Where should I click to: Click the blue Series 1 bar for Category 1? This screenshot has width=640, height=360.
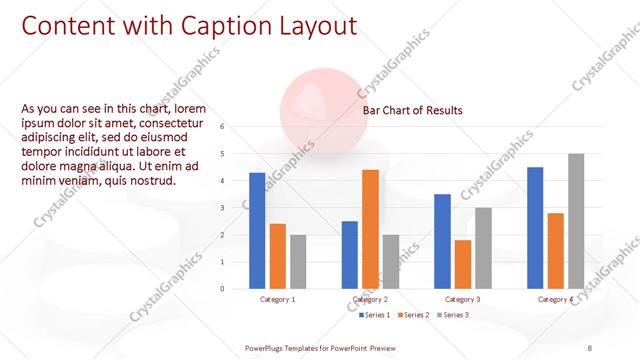coord(257,231)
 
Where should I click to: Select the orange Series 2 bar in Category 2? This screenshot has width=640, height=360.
coord(370,229)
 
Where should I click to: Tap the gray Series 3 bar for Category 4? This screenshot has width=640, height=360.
coord(576,221)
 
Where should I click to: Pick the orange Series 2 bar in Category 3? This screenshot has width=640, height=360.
coord(462,264)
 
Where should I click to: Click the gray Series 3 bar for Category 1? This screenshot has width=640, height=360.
coord(298,262)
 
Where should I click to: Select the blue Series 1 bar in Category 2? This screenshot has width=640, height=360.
coord(349,255)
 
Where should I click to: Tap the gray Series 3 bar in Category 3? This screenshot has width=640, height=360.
coord(483,248)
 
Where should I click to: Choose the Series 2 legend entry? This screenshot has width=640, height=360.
coord(415,315)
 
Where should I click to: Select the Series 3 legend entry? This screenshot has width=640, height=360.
coord(454,315)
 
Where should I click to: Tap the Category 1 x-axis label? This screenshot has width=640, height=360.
coord(277,299)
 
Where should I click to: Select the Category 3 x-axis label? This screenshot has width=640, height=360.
coord(462,299)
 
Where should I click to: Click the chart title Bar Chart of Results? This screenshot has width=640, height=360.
coord(412,110)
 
